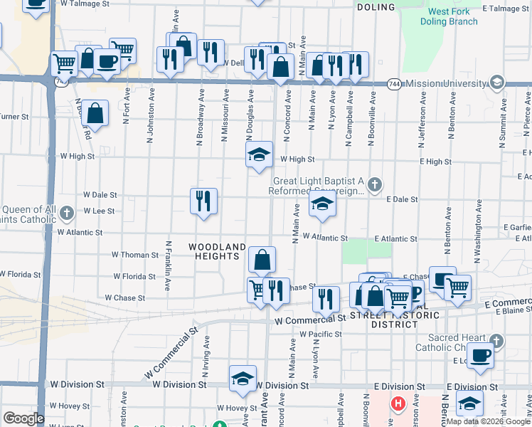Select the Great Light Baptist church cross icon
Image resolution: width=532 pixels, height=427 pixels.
[375, 186]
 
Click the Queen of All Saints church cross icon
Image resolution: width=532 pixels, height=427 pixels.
[66, 213]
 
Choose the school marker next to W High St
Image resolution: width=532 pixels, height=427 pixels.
[260, 154]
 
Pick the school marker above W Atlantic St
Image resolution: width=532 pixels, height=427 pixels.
[322, 206]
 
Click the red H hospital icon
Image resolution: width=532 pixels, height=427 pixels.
[398, 404]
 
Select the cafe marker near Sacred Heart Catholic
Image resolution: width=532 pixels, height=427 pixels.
[481, 355]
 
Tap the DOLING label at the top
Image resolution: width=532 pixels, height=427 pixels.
[375, 7]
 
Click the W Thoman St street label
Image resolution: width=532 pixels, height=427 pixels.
[135, 254]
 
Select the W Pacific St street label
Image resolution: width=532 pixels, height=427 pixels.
[321, 334]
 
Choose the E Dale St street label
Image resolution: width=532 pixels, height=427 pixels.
[402, 200]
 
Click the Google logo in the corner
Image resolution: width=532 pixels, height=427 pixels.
[24, 418]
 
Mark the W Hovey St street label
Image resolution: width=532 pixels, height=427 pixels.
[236, 408]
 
